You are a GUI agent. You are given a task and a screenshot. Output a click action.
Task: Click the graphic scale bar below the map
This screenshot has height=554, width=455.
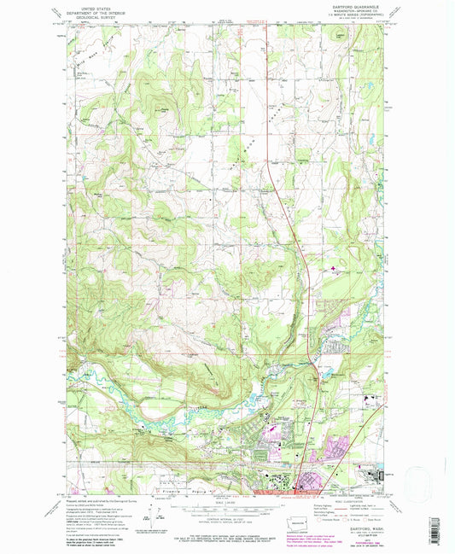coord(228,509)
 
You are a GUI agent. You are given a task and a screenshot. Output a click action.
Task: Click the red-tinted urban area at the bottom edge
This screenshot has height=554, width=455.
coord(299,489)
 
